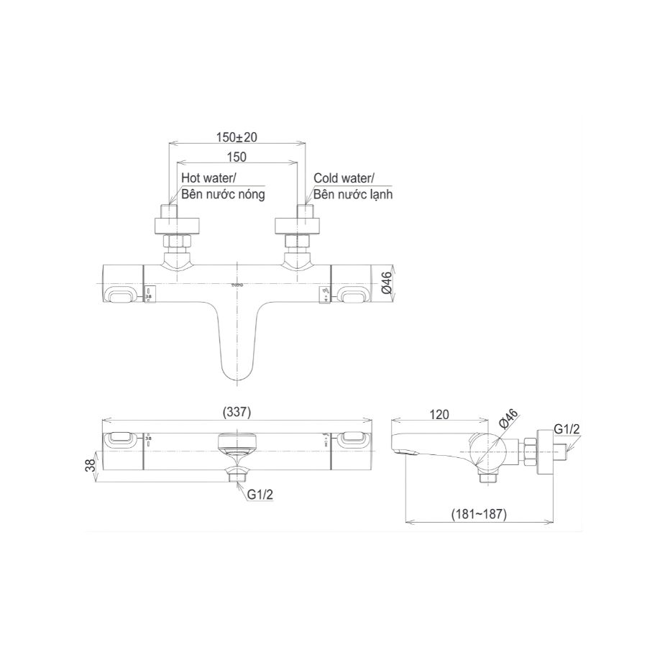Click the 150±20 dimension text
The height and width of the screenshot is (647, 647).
[237, 134]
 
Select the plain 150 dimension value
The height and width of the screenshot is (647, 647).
[236, 157]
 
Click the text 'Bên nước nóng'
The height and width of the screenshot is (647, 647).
[223, 194]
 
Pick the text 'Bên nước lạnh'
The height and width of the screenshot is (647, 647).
[353, 194]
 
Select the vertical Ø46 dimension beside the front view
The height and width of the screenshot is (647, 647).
[387, 285]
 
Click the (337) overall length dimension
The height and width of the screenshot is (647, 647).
[236, 413]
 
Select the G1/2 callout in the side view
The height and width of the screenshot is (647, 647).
[568, 429]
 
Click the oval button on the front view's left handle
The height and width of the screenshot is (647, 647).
[122, 295]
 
